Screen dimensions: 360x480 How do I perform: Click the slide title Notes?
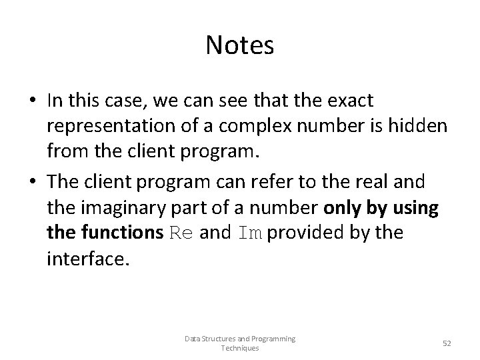coord(239,45)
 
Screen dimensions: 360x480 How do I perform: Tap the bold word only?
coord(342,208)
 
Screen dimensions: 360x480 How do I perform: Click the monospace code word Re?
coord(184,233)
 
